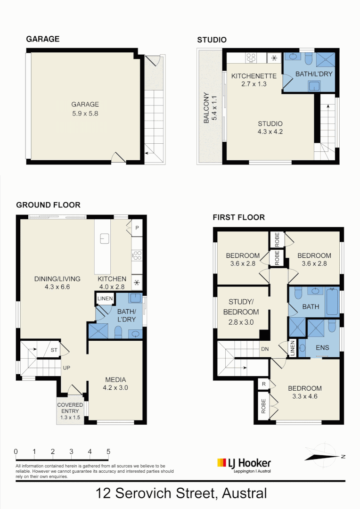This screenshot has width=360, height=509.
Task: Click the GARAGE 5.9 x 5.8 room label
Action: click(85, 109)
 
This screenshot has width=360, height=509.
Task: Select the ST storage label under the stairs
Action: click(54, 350)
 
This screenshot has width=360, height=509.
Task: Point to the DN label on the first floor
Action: click(265, 349)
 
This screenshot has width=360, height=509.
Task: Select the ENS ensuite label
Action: click(322, 348)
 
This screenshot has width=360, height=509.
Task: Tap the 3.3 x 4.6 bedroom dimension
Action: click(305, 396)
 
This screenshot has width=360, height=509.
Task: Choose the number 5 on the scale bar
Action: click(108, 451)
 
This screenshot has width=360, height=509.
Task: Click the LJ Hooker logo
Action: click(244, 464)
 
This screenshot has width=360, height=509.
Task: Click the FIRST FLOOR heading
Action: click(238, 217)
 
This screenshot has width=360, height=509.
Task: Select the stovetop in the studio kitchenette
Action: click(252, 58)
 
